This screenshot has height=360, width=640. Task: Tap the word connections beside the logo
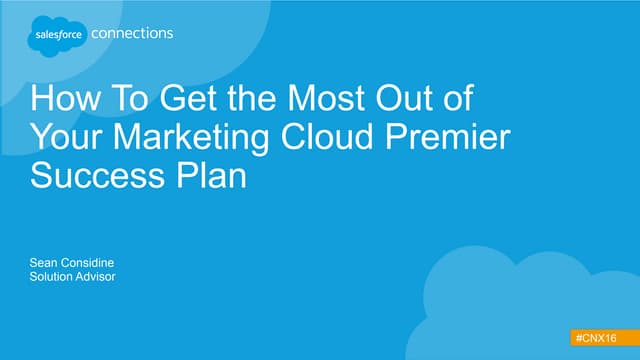[132, 33]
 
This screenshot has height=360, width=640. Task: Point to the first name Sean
[45, 262]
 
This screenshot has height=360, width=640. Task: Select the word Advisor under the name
[98, 276]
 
